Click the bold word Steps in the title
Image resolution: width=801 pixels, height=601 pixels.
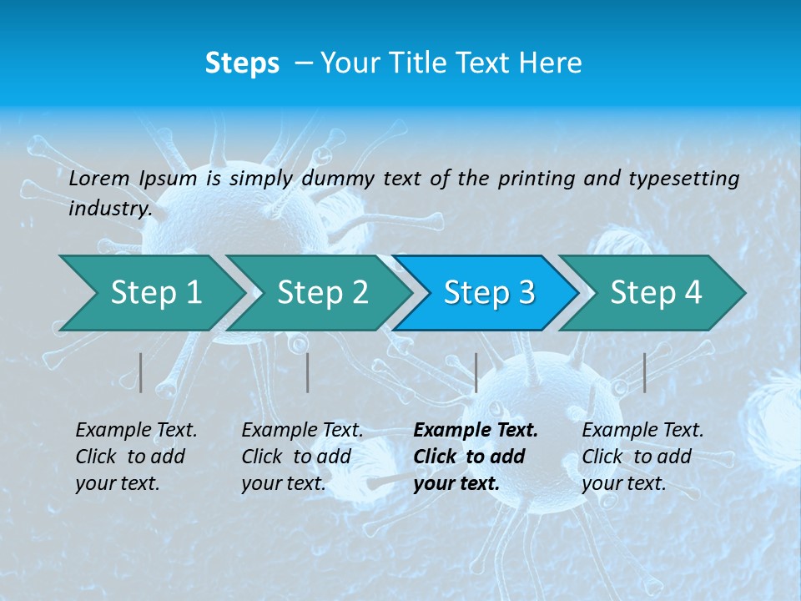click(x=242, y=63)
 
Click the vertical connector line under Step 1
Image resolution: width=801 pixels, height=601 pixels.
click(x=141, y=372)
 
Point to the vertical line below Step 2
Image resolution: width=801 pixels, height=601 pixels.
click(x=308, y=372)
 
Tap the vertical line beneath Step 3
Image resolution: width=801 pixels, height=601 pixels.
click(x=476, y=372)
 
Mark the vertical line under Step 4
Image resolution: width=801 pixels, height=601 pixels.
click(x=644, y=372)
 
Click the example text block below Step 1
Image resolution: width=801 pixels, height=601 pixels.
click(x=136, y=457)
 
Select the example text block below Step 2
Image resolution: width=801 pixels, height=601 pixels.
click(x=302, y=457)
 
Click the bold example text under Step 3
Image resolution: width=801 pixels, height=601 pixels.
click(x=476, y=457)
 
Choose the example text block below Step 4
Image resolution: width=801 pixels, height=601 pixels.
click(x=642, y=457)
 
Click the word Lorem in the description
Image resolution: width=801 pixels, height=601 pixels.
click(x=99, y=178)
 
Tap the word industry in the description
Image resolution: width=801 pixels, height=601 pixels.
click(x=109, y=208)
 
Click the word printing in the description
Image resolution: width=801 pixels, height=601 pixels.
click(x=535, y=178)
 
